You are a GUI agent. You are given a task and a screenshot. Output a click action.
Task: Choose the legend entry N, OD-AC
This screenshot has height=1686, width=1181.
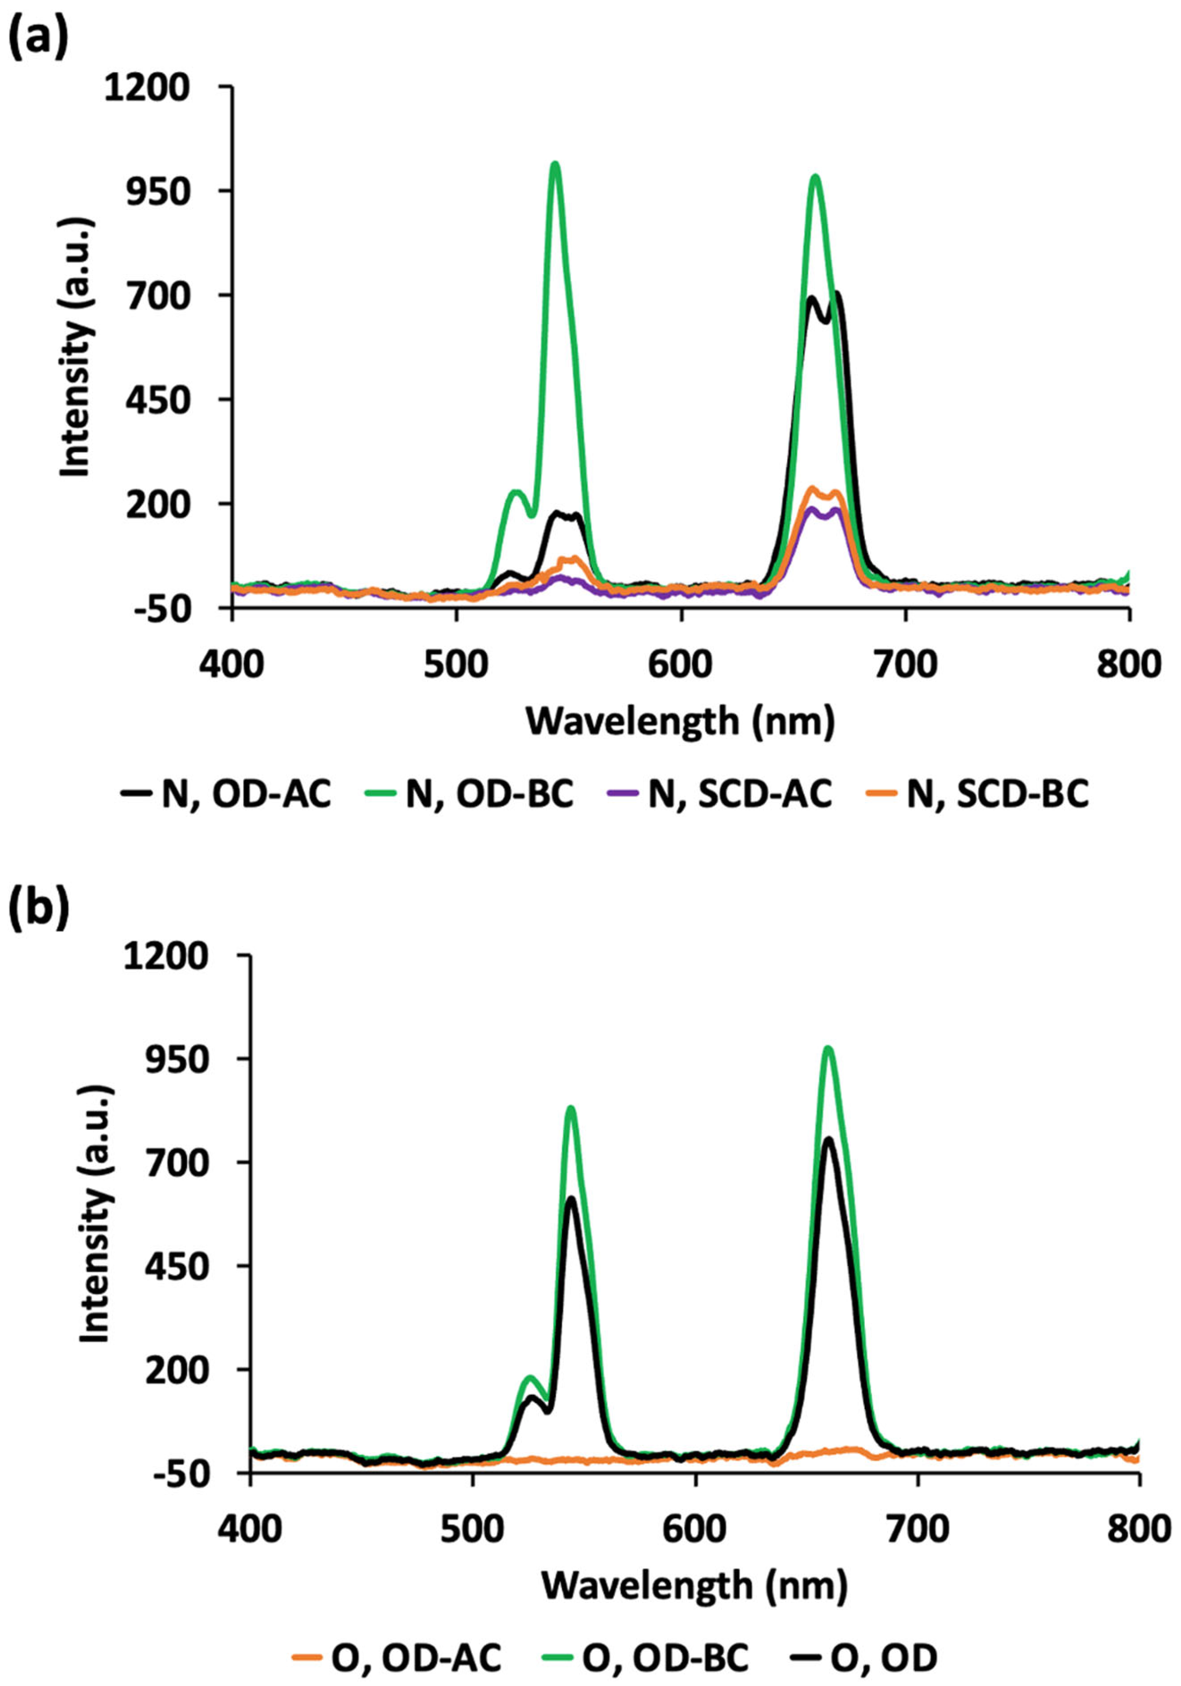click(227, 795)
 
